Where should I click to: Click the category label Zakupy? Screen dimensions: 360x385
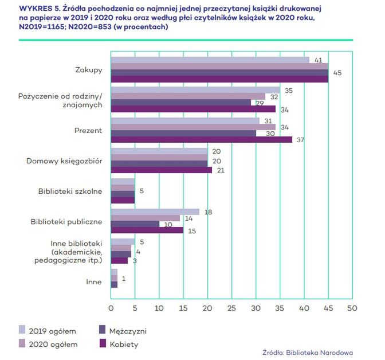point(88,70)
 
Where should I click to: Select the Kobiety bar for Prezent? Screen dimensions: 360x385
point(201,139)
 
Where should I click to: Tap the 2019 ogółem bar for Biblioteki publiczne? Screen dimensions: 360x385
point(155,212)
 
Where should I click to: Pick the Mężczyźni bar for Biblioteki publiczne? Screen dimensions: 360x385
point(135,224)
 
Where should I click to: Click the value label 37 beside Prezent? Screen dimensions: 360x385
point(300,140)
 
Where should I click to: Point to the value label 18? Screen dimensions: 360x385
point(208,212)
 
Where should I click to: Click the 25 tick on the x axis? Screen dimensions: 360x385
point(231,308)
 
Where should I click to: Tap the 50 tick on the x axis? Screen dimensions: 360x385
point(352,308)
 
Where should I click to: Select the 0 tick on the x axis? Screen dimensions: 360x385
point(111,308)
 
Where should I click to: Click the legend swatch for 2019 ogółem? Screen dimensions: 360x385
point(23,329)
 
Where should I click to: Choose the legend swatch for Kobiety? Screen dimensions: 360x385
point(103,344)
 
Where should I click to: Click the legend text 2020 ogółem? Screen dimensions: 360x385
point(53,344)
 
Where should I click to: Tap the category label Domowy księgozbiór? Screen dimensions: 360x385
point(64,161)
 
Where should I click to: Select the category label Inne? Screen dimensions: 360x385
point(94,281)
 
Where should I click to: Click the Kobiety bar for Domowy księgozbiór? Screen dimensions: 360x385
point(161,170)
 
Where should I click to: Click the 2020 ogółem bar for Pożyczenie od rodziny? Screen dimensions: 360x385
point(188,96)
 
